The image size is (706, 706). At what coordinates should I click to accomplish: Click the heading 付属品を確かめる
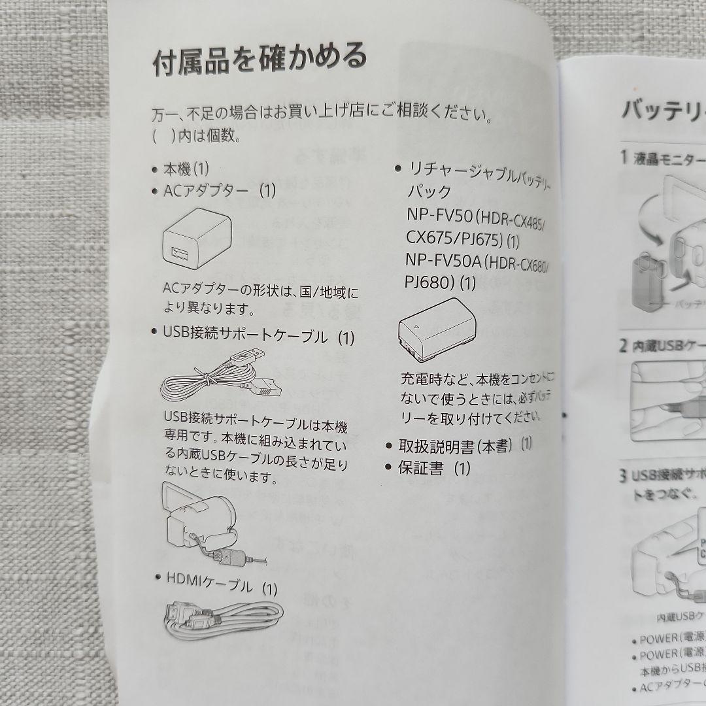260,60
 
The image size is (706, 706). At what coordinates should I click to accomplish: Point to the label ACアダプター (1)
220,192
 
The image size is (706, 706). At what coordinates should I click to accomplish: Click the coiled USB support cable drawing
221,378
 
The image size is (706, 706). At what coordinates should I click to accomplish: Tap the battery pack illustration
437,335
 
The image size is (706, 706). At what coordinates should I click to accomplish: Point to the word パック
429,192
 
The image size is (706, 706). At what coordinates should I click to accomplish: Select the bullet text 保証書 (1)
434,468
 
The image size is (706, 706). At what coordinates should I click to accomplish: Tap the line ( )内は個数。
197,137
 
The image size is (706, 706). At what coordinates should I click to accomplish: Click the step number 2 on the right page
624,346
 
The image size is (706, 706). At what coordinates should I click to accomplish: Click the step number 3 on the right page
624,475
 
